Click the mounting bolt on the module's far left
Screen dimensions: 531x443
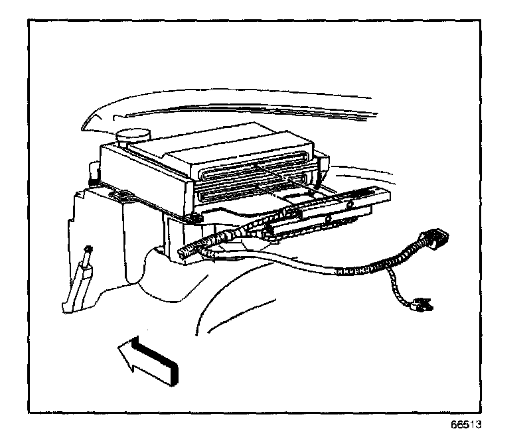pos(92,180)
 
